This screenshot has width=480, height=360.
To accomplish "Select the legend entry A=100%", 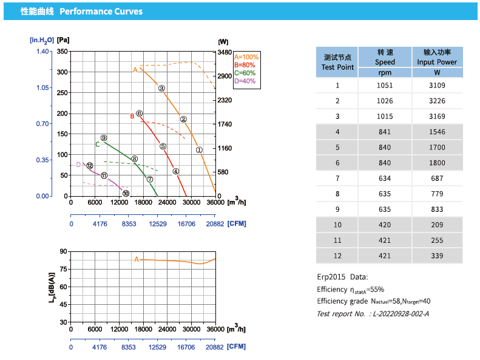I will pos(246,57).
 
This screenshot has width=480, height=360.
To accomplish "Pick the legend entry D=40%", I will pos(245,81).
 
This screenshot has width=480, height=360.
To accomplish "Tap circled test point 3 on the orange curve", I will pos(162,88).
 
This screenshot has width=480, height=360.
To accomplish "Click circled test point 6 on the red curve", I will pos(140,114).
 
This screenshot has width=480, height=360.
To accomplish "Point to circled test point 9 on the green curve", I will pos(104,138).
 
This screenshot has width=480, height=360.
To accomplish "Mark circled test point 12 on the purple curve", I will pos(90,166).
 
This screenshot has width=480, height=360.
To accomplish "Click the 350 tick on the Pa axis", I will pos(62,52).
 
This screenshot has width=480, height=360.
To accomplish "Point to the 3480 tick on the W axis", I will pos(224,52).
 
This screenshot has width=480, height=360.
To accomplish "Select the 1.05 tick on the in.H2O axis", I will pos(42,88).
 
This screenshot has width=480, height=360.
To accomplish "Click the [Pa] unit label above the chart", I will pos(64,40).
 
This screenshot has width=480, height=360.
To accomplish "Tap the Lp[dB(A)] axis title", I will pos(52,287).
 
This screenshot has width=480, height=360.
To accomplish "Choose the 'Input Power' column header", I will pos(436,62).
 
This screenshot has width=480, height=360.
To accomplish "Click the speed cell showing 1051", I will pos(385,85).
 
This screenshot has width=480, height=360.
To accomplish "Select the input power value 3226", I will pos(436,101).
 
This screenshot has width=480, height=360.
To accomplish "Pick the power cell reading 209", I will pos(436,225).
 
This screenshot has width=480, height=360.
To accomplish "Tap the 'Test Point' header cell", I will pos(337,62).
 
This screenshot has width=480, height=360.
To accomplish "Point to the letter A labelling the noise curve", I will pos(137,259).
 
